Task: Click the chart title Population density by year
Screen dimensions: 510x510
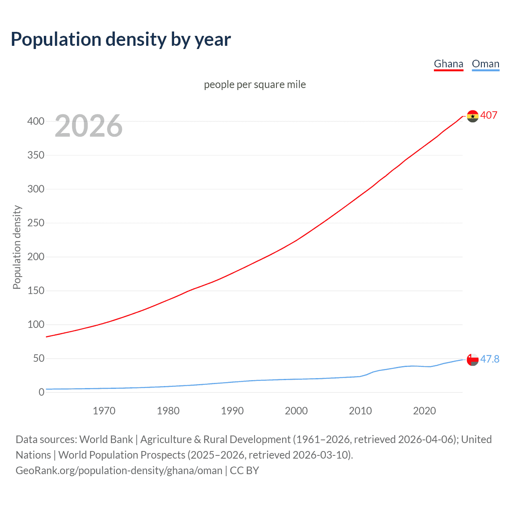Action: (x=121, y=39)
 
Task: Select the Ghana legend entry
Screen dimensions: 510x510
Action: (x=448, y=64)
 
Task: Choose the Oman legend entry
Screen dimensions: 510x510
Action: (x=485, y=64)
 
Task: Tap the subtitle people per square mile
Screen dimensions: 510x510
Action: (x=255, y=85)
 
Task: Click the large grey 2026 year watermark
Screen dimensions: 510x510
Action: (x=88, y=126)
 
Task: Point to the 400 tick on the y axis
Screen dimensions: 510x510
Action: (x=36, y=121)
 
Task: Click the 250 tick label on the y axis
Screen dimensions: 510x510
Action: (x=36, y=223)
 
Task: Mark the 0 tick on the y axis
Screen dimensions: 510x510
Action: (x=41, y=392)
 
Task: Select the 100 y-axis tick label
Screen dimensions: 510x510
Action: (x=36, y=324)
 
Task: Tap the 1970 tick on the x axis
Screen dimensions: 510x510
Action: (x=104, y=411)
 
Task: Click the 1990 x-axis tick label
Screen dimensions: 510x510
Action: (x=232, y=411)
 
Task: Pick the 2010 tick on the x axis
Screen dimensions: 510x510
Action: (x=360, y=411)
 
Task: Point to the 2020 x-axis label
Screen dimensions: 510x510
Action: (x=424, y=411)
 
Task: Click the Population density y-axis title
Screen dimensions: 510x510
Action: (x=17, y=247)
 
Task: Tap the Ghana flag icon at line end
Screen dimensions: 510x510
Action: (x=473, y=116)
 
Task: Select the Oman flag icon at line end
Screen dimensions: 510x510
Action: (x=473, y=359)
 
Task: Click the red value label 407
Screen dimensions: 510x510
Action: (x=489, y=116)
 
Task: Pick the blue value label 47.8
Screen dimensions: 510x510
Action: (x=490, y=359)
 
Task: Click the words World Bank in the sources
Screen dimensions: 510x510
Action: (x=106, y=439)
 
